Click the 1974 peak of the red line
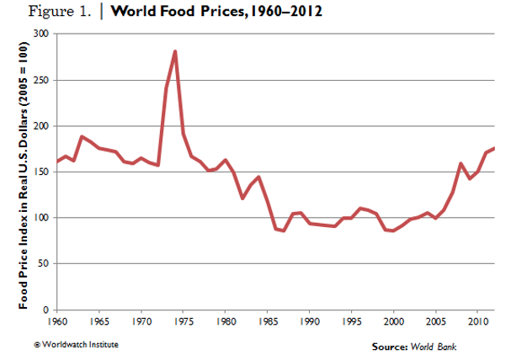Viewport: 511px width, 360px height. point(174,51)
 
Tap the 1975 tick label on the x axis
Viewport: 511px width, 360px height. point(184,322)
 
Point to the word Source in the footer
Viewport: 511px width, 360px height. point(389,347)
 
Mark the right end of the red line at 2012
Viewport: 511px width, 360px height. point(494,148)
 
